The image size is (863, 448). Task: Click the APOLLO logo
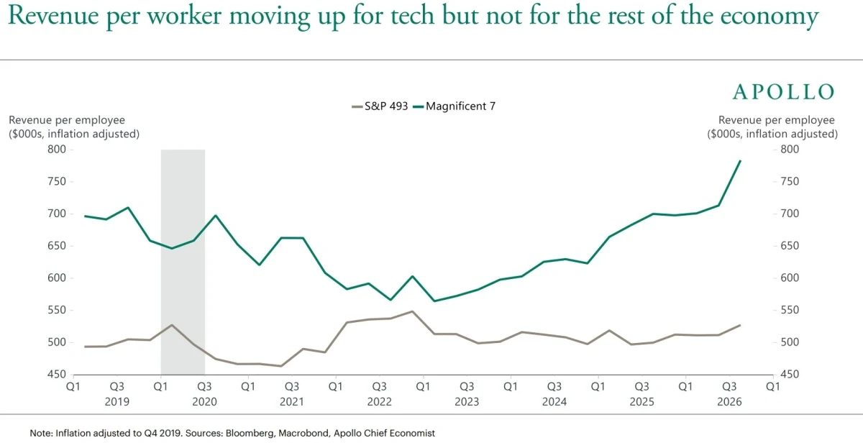(783, 91)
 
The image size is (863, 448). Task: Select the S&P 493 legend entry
(380, 106)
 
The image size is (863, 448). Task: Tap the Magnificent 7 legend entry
(455, 106)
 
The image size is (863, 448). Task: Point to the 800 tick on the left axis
(57, 149)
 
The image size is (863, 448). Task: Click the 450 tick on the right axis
(790, 374)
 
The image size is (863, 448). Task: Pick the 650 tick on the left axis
(57, 245)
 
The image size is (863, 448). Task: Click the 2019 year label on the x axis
(117, 402)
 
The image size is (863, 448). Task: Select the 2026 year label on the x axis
(729, 402)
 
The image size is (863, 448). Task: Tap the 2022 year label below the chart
(380, 402)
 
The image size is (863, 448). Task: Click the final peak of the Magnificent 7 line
(740, 160)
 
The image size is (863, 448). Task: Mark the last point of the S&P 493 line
(740, 326)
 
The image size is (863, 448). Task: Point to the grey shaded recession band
(183, 262)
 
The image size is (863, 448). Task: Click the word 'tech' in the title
(412, 16)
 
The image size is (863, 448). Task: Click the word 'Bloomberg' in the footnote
(250, 434)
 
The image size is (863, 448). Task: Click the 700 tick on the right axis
(790, 214)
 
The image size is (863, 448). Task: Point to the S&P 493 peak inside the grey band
(172, 325)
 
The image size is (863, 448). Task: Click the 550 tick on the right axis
(790, 310)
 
